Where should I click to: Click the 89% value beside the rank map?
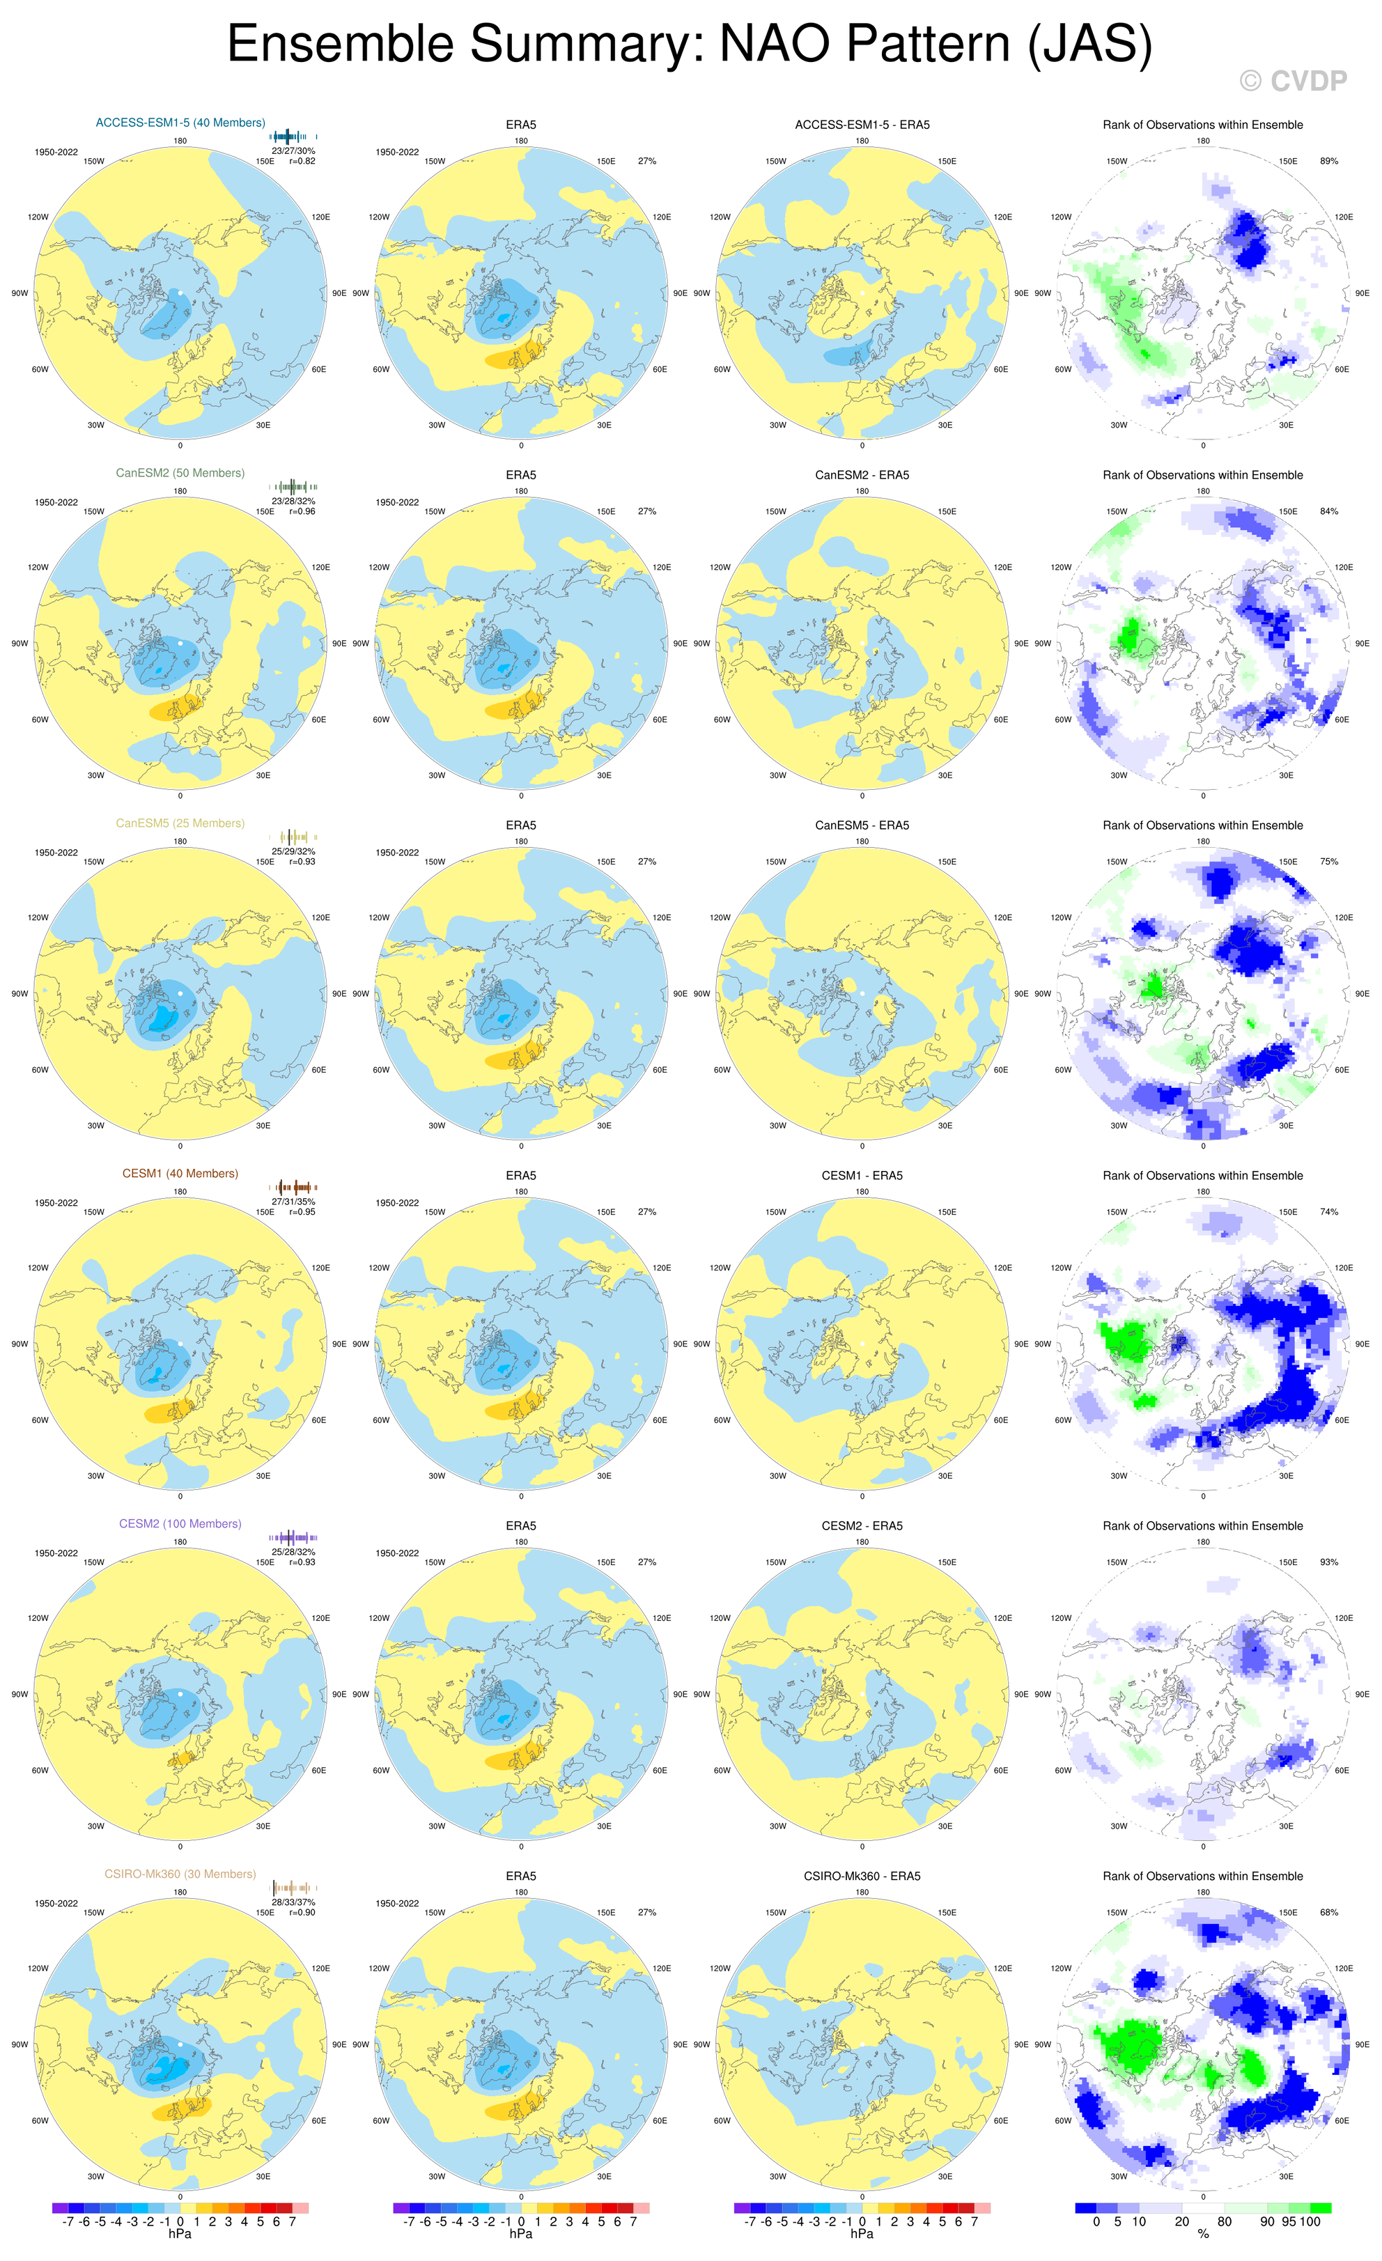tap(1329, 161)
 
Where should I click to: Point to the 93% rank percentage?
tap(1329, 1562)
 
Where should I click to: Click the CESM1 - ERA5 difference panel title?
tap(862, 1176)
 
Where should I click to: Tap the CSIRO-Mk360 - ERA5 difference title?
tap(862, 1877)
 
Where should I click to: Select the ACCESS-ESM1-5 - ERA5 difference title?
tap(862, 125)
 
